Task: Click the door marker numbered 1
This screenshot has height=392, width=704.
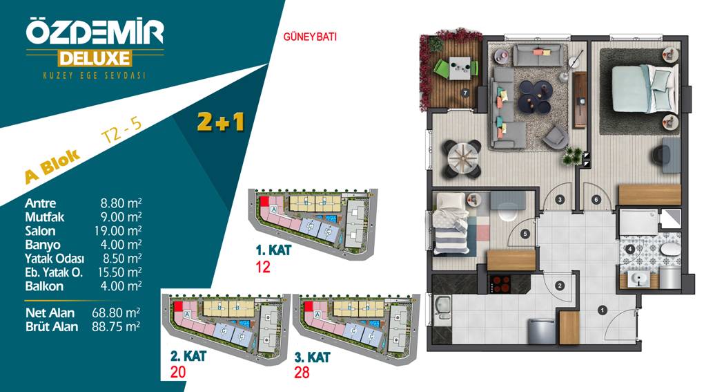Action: tap(603, 310)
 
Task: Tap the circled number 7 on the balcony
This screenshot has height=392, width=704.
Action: tap(465, 93)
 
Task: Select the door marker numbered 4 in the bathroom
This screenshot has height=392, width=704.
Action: tap(630, 249)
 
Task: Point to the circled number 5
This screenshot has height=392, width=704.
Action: tap(526, 234)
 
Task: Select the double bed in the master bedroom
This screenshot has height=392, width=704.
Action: tap(645, 88)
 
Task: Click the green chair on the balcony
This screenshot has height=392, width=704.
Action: tap(441, 69)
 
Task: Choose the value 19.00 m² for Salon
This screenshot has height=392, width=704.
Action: tap(118, 231)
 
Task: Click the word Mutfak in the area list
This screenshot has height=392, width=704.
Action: tap(44, 217)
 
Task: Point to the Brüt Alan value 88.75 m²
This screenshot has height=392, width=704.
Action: tap(116, 326)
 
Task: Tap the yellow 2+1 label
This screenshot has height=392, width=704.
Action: tap(220, 122)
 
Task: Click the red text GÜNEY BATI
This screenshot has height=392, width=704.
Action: tap(310, 37)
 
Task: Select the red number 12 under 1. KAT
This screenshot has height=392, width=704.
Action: tap(263, 267)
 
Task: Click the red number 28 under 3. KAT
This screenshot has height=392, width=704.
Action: tap(302, 372)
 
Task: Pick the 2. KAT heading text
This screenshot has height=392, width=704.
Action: tap(188, 356)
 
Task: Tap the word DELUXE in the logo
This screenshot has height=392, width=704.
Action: tap(95, 59)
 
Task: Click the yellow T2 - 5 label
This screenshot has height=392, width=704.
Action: tap(121, 131)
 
